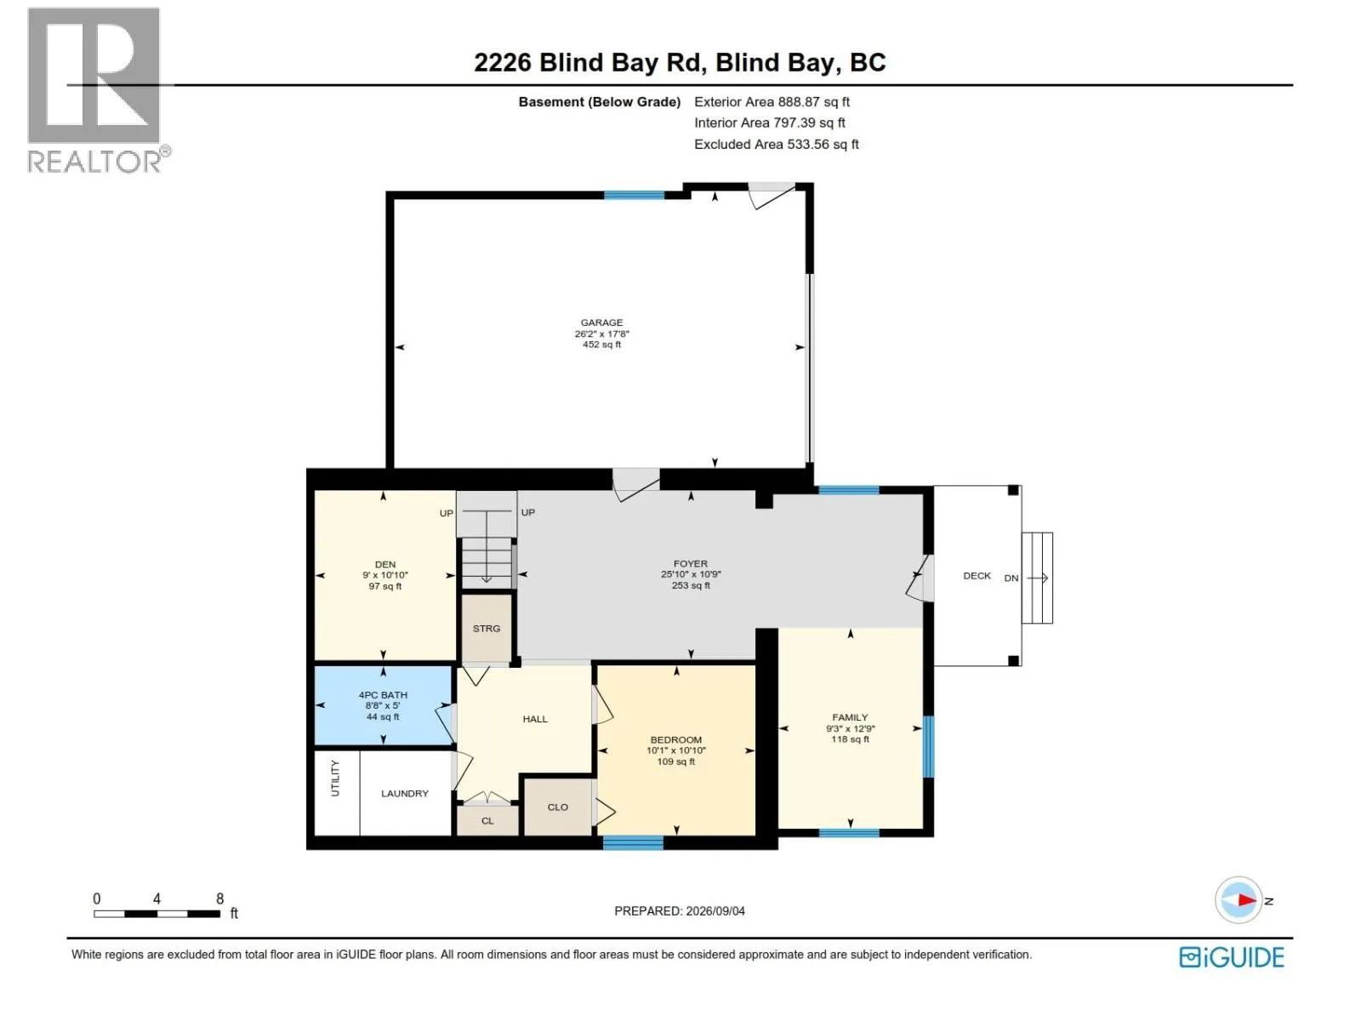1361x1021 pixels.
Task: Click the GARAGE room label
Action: coord(601,322)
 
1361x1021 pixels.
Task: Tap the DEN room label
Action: coord(385,564)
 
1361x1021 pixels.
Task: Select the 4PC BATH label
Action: coord(383,695)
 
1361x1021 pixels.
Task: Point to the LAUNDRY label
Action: coord(404,794)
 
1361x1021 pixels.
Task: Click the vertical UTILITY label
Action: coord(335,778)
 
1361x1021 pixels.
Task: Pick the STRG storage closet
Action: coord(486,628)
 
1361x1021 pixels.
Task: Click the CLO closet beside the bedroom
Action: coord(557,807)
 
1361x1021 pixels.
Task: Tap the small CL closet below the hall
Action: coord(487,820)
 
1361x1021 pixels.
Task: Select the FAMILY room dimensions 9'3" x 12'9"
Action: coord(850,728)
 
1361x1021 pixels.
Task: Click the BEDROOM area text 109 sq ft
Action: coord(676,761)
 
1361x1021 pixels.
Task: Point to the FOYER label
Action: coord(690,563)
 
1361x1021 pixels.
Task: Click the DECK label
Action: coord(977,576)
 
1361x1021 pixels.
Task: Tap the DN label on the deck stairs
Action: coord(1011,578)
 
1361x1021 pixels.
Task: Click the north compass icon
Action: coord(1239,899)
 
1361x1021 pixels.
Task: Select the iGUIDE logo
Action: coord(1231,957)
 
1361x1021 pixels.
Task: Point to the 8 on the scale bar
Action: coord(219,898)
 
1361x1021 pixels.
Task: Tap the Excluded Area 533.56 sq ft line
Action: coord(776,145)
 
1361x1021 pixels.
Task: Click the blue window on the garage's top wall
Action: coord(634,196)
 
